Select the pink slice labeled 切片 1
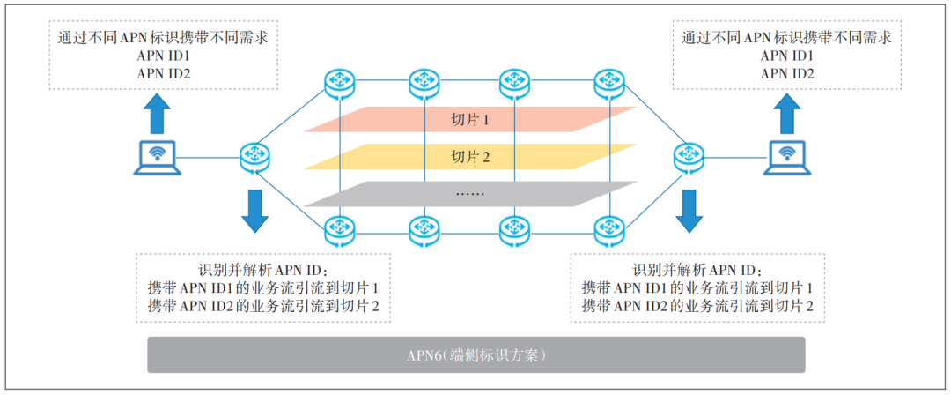click(470, 119)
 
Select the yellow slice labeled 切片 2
click(470, 156)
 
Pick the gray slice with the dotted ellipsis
click(470, 193)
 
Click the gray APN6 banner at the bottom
click(475, 355)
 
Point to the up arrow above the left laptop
click(158, 114)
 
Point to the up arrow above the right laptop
click(784, 114)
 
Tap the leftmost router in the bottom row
click(337, 230)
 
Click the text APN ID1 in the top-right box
click(787, 56)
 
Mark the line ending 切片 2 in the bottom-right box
click(697, 306)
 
